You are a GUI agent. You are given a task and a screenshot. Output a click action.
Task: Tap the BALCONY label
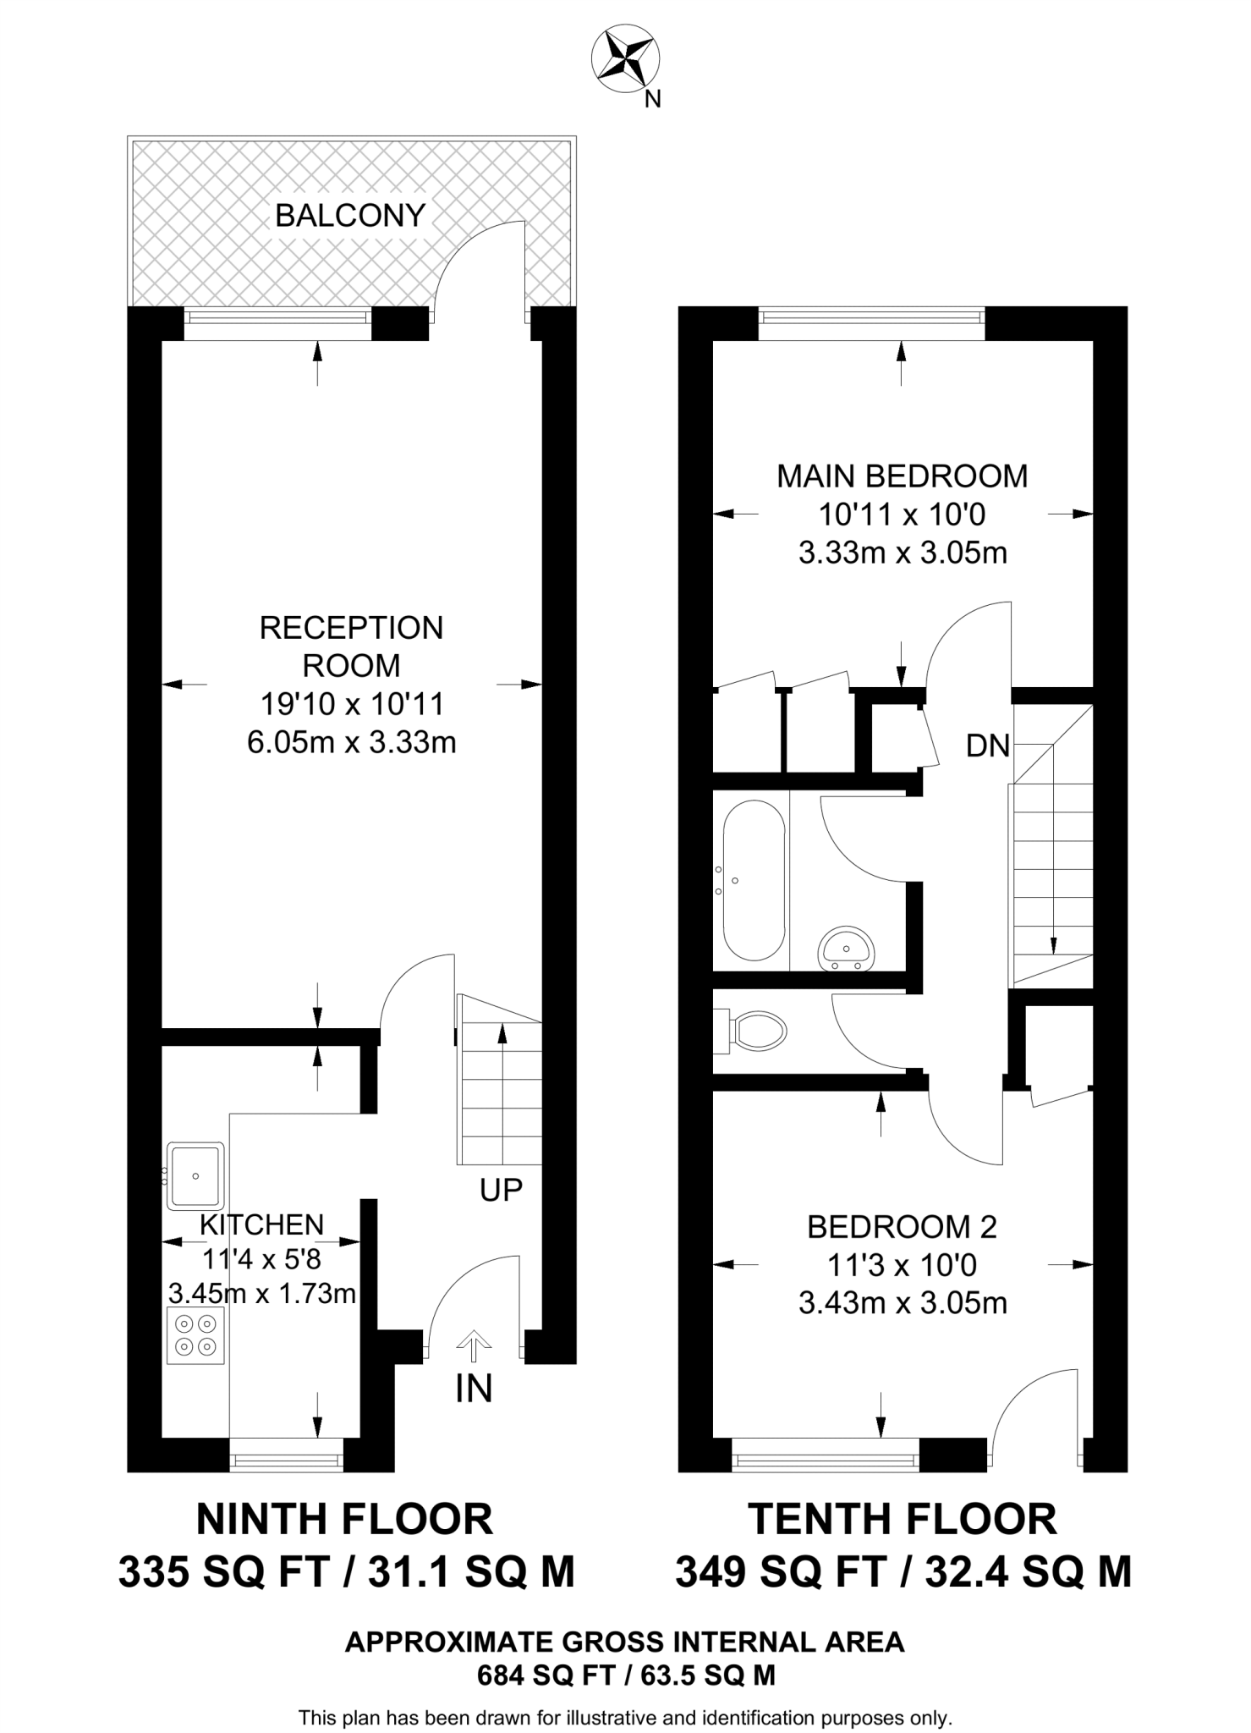tap(349, 216)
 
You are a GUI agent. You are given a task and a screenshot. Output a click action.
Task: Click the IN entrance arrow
tap(473, 1345)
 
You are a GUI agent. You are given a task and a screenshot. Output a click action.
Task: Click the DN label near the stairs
tap(988, 745)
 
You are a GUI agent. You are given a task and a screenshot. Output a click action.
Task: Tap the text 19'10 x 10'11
tap(351, 704)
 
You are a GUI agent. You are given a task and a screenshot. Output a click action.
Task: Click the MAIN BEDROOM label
tap(902, 476)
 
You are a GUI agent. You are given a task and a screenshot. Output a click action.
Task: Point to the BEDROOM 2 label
tap(902, 1226)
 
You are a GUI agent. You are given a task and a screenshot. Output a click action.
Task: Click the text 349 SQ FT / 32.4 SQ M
tap(903, 1572)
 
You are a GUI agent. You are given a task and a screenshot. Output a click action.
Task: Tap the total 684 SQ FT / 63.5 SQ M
tap(625, 1675)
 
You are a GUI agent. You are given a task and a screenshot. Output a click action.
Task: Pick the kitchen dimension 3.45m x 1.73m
tap(261, 1294)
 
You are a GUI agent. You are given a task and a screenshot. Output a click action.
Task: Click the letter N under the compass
tap(652, 100)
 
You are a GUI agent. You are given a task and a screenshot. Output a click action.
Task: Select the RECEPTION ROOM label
tap(351, 646)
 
